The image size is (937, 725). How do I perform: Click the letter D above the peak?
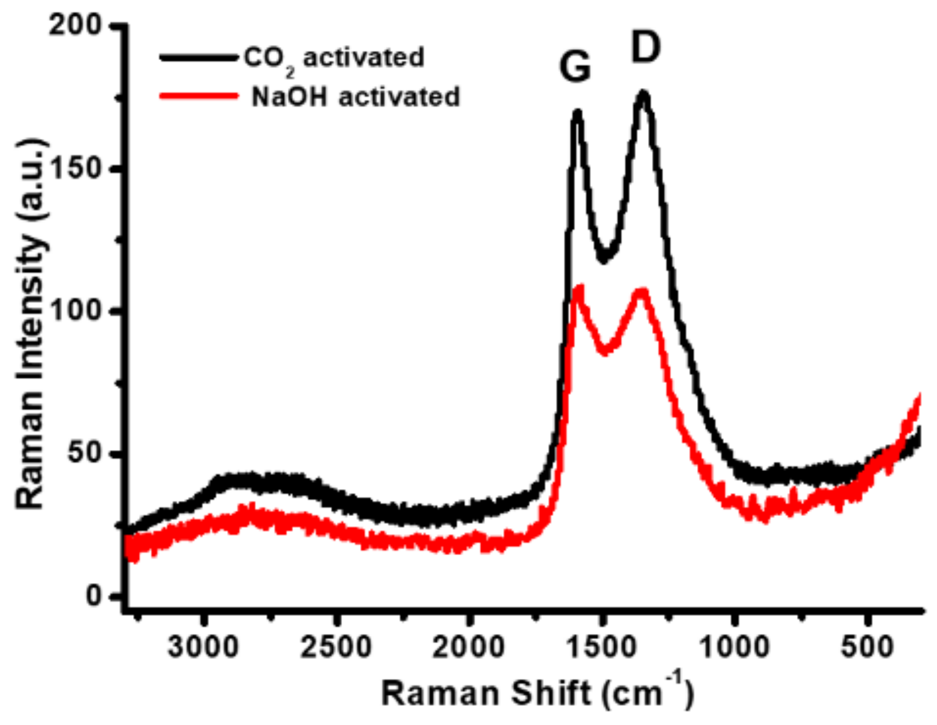(646, 48)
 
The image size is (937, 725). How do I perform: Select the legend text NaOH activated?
(356, 96)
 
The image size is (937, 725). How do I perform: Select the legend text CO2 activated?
(333, 58)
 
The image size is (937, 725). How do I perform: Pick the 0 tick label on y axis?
(95, 596)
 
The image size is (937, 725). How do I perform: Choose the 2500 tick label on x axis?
(336, 648)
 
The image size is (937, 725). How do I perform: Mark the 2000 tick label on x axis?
(469, 648)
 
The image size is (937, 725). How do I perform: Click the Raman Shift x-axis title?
(537, 693)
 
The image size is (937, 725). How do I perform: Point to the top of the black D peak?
(644, 93)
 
